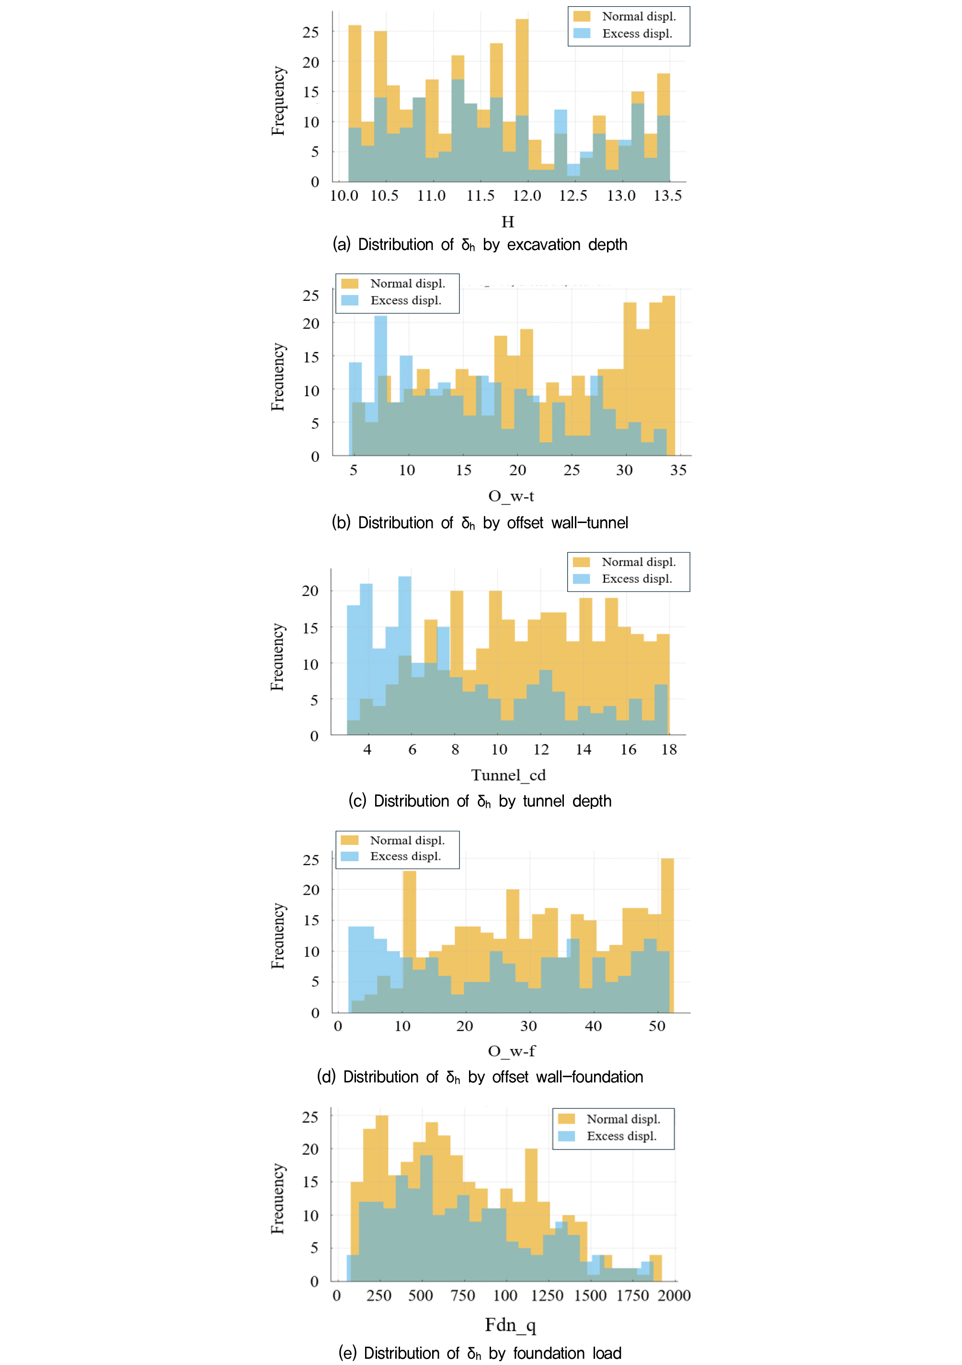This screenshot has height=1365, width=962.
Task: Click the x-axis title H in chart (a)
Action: (x=507, y=222)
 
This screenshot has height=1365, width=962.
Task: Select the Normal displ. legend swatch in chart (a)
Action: (x=582, y=17)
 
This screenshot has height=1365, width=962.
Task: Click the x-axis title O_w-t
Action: (x=511, y=496)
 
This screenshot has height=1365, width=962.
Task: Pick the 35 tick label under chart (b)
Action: (x=678, y=470)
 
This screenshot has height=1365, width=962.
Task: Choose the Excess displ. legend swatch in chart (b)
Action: (x=350, y=300)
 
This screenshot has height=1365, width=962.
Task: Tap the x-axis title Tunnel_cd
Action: (x=508, y=775)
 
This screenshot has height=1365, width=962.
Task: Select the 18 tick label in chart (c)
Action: (x=669, y=750)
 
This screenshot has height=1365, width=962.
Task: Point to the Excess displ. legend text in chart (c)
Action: (x=637, y=579)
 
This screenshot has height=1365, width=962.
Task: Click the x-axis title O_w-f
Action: (x=511, y=1051)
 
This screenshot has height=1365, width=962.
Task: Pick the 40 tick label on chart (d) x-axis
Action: (x=593, y=1026)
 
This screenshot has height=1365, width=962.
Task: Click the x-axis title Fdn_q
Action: (x=510, y=1325)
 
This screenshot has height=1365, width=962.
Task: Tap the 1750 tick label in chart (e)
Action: (x=632, y=1296)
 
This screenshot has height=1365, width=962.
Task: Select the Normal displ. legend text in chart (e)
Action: (x=623, y=1119)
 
